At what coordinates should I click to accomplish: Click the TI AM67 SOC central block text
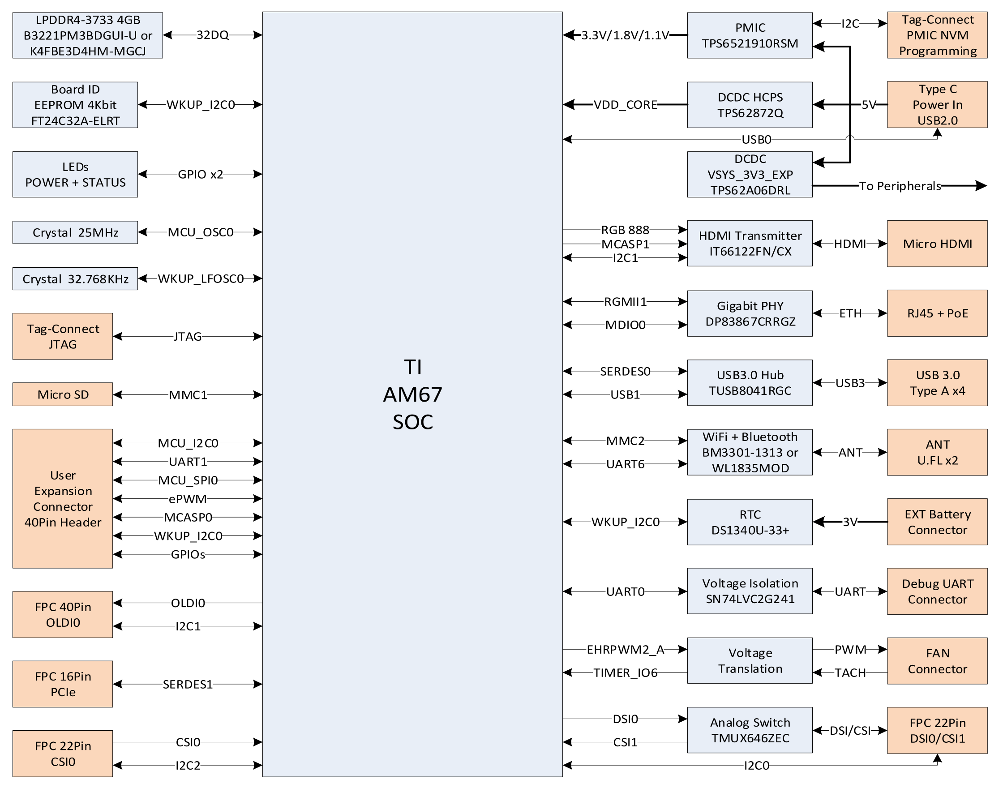[412, 394]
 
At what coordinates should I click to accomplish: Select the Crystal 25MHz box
[75, 232]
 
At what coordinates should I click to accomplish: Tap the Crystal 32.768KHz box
[75, 278]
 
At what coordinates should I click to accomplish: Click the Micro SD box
[63, 394]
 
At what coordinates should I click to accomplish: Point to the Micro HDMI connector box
[937, 244]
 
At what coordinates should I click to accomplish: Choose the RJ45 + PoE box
[937, 313]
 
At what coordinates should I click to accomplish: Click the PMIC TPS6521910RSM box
[750, 35]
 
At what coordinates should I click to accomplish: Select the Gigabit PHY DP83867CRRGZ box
[750, 314]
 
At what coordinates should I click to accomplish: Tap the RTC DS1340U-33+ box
[750, 522]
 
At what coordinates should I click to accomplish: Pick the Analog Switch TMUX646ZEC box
[750, 730]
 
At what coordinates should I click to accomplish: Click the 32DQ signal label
[212, 35]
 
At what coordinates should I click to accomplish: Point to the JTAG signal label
[188, 337]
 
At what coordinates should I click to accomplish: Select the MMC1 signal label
[188, 395]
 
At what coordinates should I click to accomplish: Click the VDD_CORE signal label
[625, 105]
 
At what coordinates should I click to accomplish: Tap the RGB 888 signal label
[625, 230]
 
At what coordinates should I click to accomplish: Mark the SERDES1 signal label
[188, 684]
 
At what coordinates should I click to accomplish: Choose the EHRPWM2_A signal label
[625, 650]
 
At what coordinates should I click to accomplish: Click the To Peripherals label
[900, 186]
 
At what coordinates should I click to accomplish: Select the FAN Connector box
[937, 661]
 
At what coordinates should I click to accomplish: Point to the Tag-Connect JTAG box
[63, 337]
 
